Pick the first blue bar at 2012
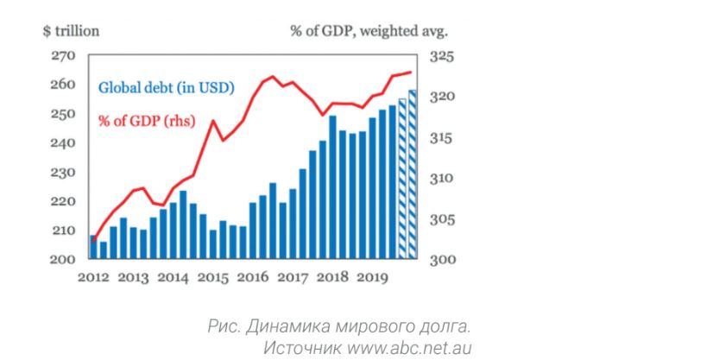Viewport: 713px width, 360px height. (x=92, y=247)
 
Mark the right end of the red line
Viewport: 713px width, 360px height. (x=410, y=73)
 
